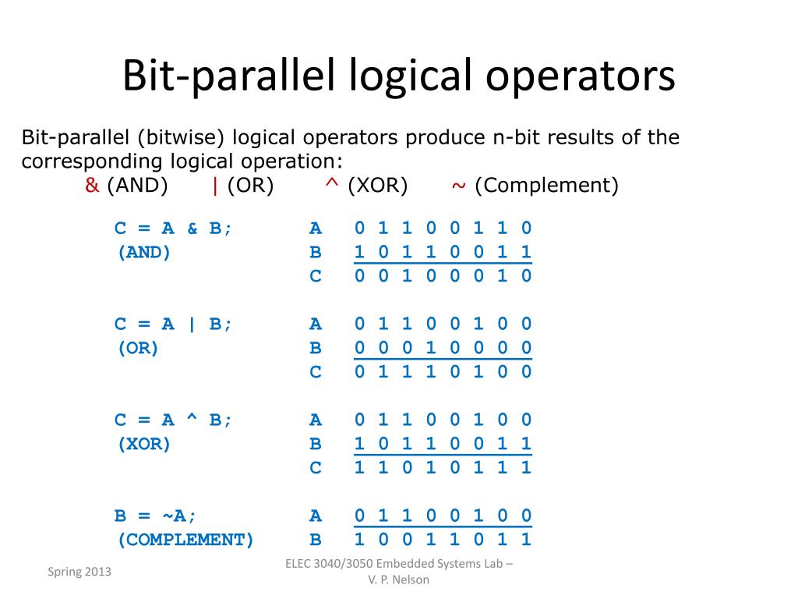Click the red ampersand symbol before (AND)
92,186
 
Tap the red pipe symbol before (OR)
214,186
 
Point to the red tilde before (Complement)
458,186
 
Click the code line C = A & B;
173,229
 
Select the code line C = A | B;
173,324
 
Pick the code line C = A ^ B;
173,420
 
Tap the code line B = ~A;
156,516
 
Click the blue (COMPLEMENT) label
185,540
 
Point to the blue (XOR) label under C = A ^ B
143,444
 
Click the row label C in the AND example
315,276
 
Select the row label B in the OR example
315,348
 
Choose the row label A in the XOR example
315,420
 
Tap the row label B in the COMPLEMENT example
315,540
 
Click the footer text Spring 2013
79,572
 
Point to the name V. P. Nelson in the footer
398,580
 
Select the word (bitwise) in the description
181,138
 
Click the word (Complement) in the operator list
546,186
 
